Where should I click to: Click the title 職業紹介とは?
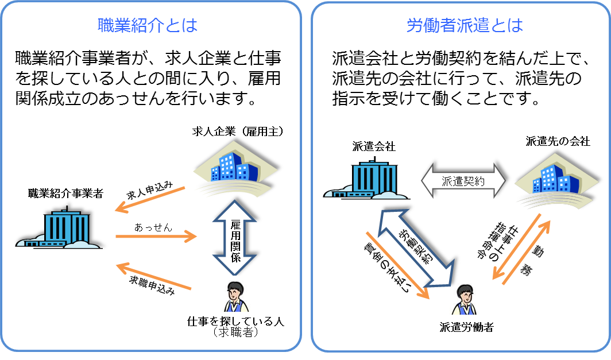[x=148, y=26]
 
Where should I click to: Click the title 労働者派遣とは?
[x=465, y=26]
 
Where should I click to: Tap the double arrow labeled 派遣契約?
[x=463, y=181]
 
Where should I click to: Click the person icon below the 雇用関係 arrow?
[x=235, y=294]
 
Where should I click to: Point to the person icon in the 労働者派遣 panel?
[x=464, y=297]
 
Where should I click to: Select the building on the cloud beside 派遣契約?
[x=368, y=179]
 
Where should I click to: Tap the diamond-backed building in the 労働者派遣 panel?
[x=553, y=180]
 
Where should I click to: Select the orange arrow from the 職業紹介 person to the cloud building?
[x=153, y=277]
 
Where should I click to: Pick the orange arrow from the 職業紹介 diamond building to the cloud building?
[x=150, y=199]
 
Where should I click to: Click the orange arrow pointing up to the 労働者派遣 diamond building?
[x=526, y=253]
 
